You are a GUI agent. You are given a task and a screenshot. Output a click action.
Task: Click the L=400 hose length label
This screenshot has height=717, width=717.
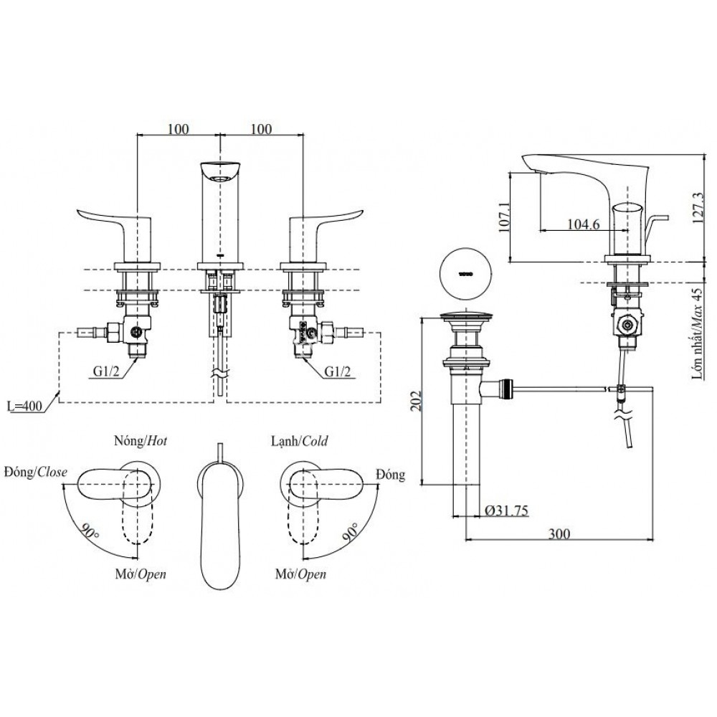[x=26, y=406]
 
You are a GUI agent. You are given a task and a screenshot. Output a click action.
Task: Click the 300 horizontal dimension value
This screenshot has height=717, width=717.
[x=559, y=533]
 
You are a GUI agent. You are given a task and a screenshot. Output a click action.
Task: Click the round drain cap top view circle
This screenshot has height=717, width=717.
[x=467, y=274]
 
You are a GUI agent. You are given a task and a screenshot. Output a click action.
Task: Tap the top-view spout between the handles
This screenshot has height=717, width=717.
[x=220, y=516]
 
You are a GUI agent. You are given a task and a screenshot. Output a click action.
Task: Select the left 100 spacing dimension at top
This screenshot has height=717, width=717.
[x=178, y=128]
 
